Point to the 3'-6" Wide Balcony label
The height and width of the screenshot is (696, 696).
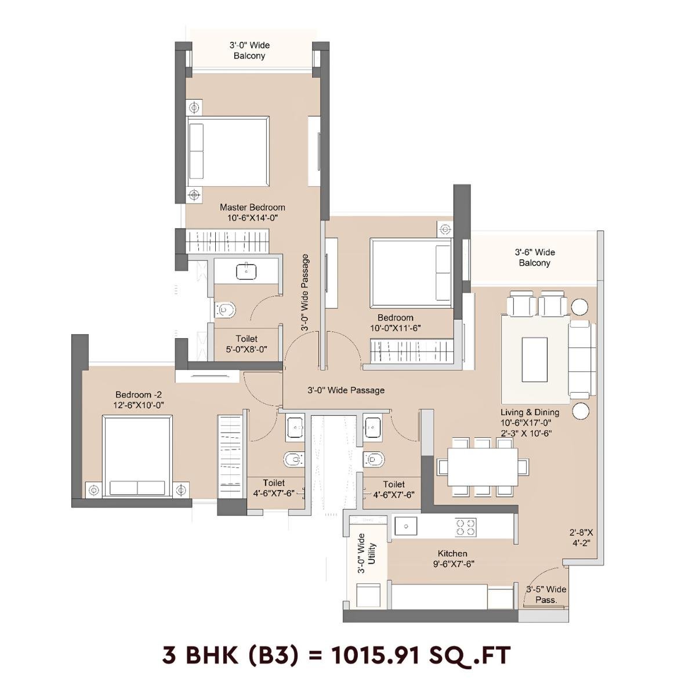pyautogui.click(x=534, y=258)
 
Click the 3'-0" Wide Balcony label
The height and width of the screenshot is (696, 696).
pyautogui.click(x=249, y=50)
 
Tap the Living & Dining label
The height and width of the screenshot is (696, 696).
pyautogui.click(x=530, y=412)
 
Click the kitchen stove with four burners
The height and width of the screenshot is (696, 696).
pyautogui.click(x=466, y=527)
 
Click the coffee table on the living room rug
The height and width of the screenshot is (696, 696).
pyautogui.click(x=534, y=360)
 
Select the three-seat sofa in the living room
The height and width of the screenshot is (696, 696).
pyautogui.click(x=581, y=360)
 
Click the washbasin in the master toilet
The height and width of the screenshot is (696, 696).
pyautogui.click(x=247, y=271)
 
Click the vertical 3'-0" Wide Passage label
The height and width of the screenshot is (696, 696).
pyautogui.click(x=305, y=293)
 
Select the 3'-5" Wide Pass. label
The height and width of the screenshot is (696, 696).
pyautogui.click(x=546, y=594)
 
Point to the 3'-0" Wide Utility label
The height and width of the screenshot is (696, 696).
pyautogui.click(x=367, y=554)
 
